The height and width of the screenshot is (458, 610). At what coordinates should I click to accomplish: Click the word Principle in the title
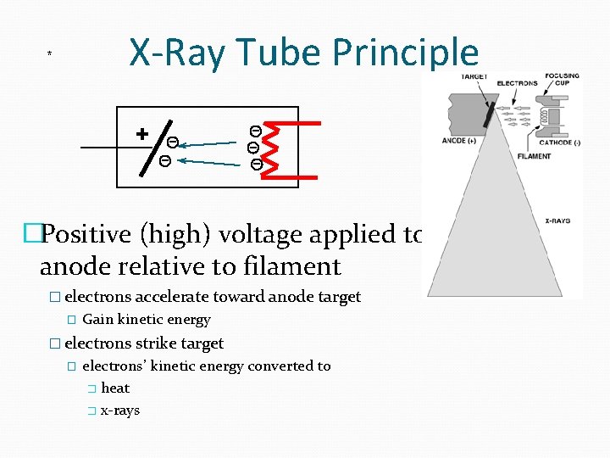pyautogui.click(x=405, y=53)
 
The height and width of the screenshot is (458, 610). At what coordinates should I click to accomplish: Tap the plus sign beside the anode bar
pyautogui.click(x=142, y=133)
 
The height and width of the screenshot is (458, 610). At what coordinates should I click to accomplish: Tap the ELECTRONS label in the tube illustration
pyautogui.click(x=517, y=83)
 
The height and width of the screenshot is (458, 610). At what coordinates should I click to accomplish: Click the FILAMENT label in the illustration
pyautogui.click(x=534, y=157)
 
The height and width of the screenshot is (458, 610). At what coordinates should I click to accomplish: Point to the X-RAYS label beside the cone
pyautogui.click(x=556, y=221)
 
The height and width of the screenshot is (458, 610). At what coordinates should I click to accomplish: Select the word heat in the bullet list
pyautogui.click(x=115, y=388)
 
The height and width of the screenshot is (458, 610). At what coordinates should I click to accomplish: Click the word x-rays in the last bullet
pyautogui.click(x=120, y=411)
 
